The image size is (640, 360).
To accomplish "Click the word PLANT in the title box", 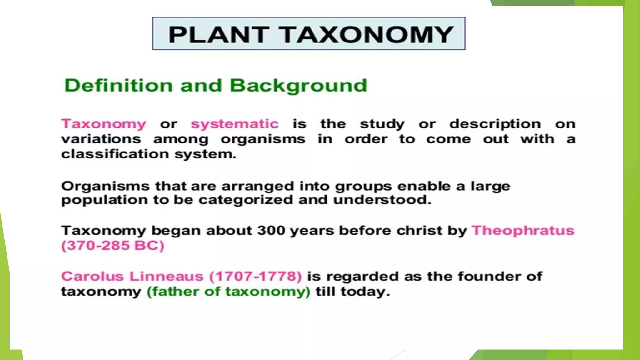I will tap(218, 34).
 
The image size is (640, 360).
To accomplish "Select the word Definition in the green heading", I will tap(118, 85).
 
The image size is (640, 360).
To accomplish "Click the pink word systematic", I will tap(235, 124).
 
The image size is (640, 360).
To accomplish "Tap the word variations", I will tap(101, 139).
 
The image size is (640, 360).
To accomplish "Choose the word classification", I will tap(115, 154).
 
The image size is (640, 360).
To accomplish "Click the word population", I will tap(104, 200).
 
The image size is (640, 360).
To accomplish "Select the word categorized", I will tap(246, 200).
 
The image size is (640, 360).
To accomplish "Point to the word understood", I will tap(382, 200).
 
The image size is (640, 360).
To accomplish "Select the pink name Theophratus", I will tap(523, 231).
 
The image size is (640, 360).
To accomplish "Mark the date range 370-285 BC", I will tap(113, 246).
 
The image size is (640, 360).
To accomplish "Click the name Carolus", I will tap(92, 277).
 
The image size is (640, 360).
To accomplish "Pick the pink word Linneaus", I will tap(166, 277).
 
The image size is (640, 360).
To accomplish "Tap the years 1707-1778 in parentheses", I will tap(255, 277).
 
